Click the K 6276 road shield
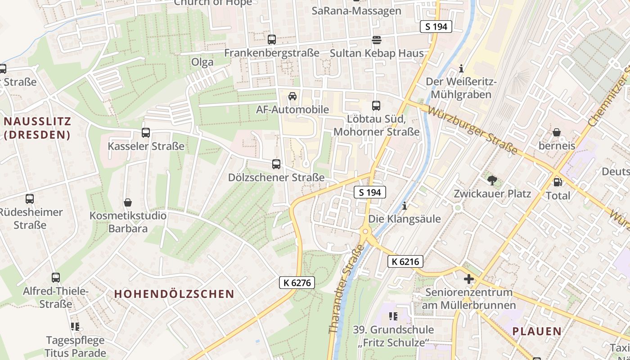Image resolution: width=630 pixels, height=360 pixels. pos(297,283)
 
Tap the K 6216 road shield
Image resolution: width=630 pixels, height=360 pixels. pos(405,261)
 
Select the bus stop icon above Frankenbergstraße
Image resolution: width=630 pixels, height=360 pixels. pos(272,40)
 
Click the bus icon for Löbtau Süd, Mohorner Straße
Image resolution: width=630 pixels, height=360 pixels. pos(376,106)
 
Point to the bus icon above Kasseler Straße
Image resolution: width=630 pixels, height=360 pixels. pos(146,133)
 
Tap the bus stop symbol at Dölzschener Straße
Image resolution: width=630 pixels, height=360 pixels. pos(276,164)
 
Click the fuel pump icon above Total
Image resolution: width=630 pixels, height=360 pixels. pos(557,182)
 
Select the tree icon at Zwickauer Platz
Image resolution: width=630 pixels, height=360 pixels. pos(491,180)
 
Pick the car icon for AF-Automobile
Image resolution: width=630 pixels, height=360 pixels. pos(292,96)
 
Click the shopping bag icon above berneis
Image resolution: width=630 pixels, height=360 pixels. pos(557,132)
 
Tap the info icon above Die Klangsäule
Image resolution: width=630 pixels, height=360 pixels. pos(405,206)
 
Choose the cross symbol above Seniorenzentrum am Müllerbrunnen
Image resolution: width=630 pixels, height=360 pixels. pos(469,279)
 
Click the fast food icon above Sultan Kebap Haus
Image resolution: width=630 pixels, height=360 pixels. pos(376,40)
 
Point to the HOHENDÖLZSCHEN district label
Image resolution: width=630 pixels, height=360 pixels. pos(174,294)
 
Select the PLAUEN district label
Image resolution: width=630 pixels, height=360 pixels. pos(537,331)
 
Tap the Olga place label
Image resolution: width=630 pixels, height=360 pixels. pos(202,62)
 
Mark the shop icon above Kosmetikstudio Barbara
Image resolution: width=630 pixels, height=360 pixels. pos(128,202)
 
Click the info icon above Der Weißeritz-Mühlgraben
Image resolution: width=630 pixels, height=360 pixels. pos(461,69)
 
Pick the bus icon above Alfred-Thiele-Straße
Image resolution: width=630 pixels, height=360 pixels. pos(56,278)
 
